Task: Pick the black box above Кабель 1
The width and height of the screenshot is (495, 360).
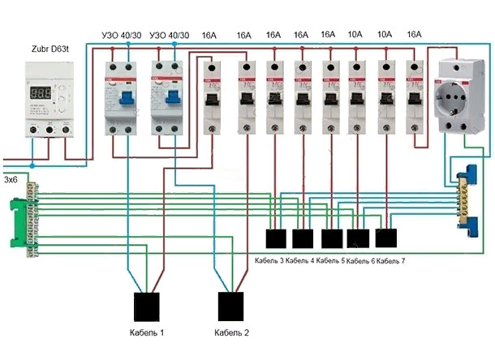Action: (148, 306)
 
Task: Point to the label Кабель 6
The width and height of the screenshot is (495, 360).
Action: (360, 260)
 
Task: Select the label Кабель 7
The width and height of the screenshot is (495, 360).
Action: (391, 260)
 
